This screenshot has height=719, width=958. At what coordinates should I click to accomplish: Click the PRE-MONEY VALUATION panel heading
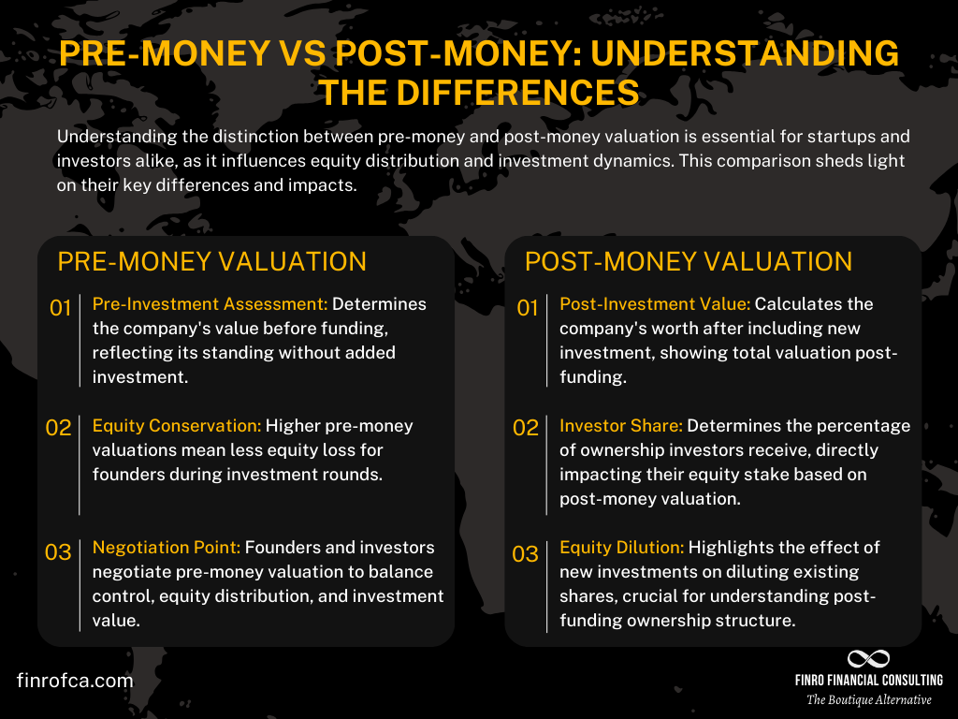pos(211,261)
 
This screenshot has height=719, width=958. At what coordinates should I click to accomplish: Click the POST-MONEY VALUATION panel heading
pos(688,261)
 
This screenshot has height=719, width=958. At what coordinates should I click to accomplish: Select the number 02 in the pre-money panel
pos(59,428)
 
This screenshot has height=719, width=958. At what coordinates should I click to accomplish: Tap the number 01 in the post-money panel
pos(527,307)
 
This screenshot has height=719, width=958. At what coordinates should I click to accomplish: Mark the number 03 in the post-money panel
pos(525,552)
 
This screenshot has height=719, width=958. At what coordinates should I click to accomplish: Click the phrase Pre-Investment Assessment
pos(210,304)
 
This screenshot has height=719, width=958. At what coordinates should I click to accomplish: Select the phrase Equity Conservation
pos(177,426)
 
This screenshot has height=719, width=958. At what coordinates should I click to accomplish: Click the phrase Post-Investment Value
pos(655,304)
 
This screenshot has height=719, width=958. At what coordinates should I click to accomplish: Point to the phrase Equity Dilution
pos(622,548)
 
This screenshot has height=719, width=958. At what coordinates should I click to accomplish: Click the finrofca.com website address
pos(75,681)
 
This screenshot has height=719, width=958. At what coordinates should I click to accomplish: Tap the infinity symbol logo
pos(868,659)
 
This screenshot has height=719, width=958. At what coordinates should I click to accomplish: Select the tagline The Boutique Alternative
pos(869,699)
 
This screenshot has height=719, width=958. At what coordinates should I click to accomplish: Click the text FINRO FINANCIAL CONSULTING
pos(868,681)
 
